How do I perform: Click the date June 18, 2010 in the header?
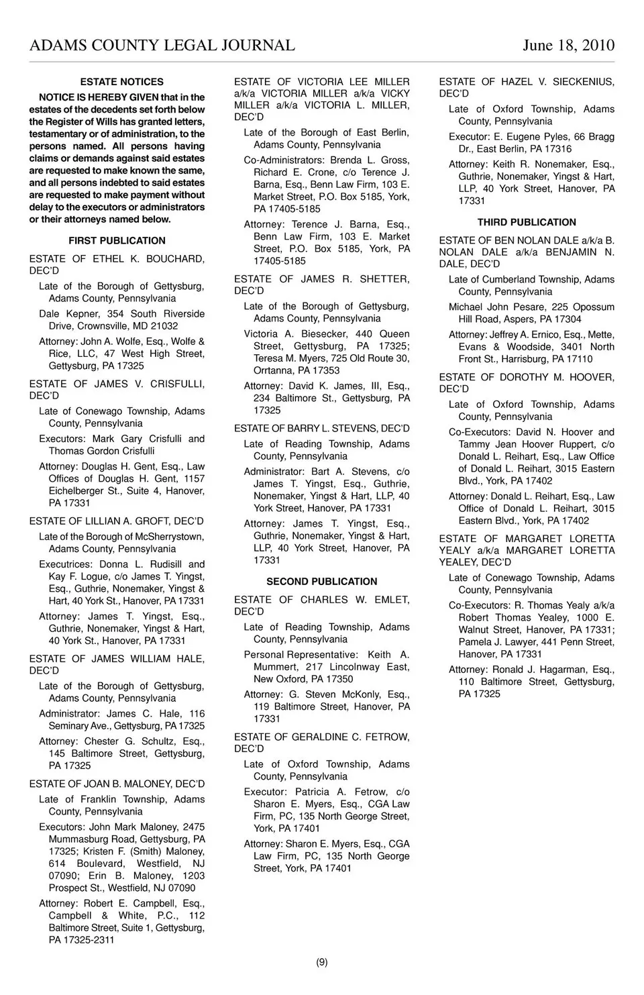click(568, 46)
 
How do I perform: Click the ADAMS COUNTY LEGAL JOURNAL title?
click(162, 46)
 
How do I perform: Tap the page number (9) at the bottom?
click(322, 962)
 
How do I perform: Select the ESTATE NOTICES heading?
click(121, 82)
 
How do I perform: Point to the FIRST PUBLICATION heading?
click(117, 241)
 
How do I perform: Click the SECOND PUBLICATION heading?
click(322, 582)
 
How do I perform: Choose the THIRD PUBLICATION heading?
click(527, 223)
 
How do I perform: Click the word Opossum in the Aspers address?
click(592, 307)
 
